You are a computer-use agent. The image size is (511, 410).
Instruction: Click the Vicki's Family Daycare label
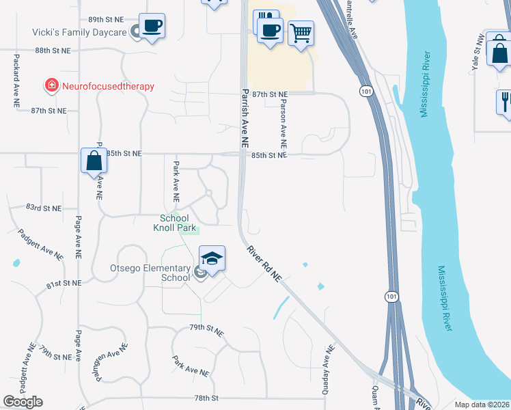click(79, 32)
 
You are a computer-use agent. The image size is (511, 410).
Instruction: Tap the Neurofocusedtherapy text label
click(108, 86)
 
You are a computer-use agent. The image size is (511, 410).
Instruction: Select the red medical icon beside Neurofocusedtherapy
click(51, 85)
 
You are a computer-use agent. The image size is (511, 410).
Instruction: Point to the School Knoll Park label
click(174, 223)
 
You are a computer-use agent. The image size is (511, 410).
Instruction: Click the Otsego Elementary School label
click(150, 273)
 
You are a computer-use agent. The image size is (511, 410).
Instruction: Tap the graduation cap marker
click(212, 259)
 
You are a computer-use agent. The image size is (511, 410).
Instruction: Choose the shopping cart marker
click(301, 31)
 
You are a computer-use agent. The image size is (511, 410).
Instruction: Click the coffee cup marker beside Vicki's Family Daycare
click(152, 27)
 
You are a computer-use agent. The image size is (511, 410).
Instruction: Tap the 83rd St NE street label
click(44, 207)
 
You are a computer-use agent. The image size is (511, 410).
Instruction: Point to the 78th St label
click(205, 398)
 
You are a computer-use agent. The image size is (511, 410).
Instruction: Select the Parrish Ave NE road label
click(244, 118)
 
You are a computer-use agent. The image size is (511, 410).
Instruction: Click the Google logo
click(23, 402)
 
